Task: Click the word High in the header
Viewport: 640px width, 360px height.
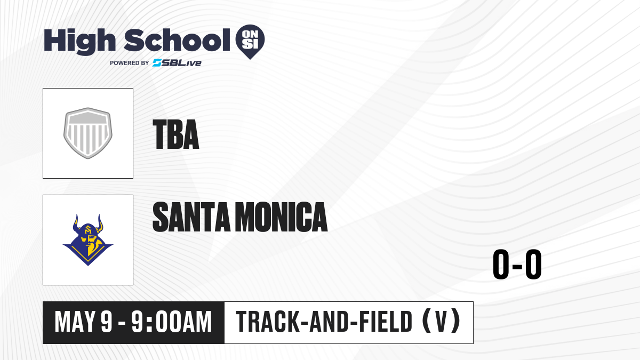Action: coord(79,42)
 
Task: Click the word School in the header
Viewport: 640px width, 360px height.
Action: coord(177,39)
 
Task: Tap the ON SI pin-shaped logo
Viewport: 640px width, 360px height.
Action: coord(250,42)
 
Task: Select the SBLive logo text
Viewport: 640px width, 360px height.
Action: coord(177,63)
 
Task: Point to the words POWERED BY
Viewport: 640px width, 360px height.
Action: coord(130,63)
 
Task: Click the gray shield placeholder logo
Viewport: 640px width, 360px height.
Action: coord(88,133)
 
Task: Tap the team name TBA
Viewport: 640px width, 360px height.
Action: coord(175,134)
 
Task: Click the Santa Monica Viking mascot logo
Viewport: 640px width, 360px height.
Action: coord(88,240)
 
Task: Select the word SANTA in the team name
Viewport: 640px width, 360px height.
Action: coord(191,217)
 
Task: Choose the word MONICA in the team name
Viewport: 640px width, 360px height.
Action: coord(283,217)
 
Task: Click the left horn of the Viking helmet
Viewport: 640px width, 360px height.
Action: coord(76,223)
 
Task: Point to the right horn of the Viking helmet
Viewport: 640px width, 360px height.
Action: coord(100,223)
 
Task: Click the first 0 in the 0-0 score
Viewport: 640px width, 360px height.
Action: coord(501,265)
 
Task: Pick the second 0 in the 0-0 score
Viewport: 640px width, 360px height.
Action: coord(533,265)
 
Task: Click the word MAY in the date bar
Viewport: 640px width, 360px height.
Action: coord(75,322)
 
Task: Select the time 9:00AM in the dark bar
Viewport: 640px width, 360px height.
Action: coord(171,322)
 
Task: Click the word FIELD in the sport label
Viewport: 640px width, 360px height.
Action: coord(386,322)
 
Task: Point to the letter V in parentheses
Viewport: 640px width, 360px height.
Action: coord(441,322)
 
